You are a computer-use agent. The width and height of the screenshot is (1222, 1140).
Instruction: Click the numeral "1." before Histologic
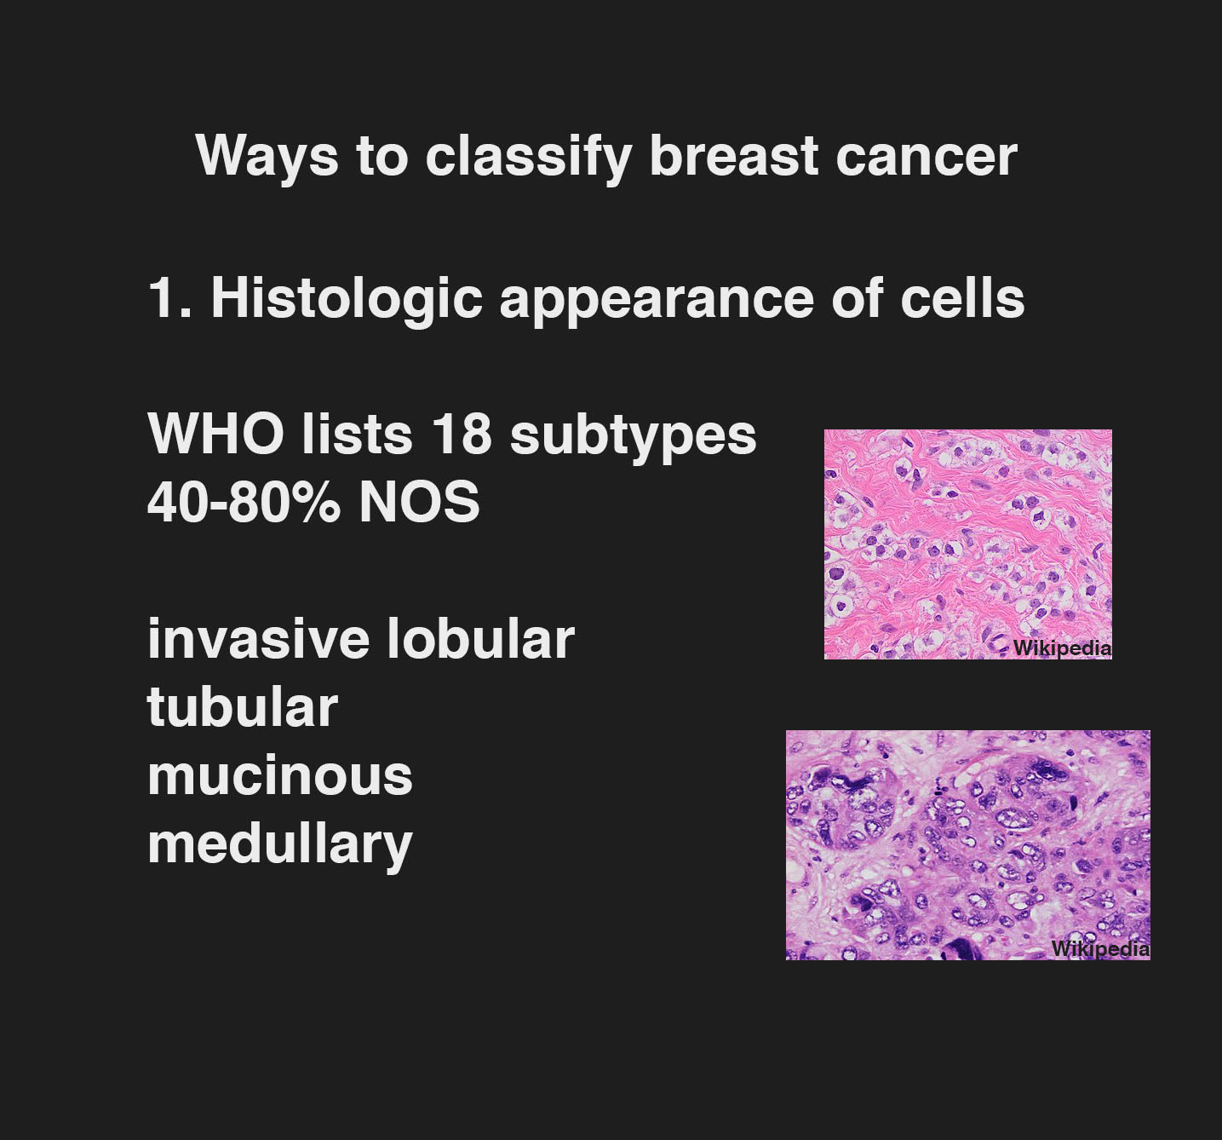pyautogui.click(x=170, y=299)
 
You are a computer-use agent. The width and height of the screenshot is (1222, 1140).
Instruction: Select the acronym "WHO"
pyautogui.click(x=215, y=435)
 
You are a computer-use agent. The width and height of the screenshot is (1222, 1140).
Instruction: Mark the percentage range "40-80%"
pyautogui.click(x=244, y=501)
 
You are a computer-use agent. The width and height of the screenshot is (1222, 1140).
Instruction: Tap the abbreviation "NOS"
pyautogui.click(x=419, y=501)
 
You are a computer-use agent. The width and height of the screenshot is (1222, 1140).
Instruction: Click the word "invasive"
pyautogui.click(x=258, y=639)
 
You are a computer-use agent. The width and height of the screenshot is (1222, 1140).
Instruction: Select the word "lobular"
pyautogui.click(x=480, y=639)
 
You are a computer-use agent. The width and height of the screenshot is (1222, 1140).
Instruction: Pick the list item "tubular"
pyautogui.click(x=243, y=707)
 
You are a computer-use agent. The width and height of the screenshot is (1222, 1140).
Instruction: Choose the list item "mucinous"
pyautogui.click(x=280, y=775)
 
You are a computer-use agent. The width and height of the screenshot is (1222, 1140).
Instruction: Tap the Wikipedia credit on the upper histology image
pyautogui.click(x=1062, y=648)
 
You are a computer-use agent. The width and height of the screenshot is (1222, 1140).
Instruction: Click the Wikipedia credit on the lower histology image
pyautogui.click(x=1100, y=949)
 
